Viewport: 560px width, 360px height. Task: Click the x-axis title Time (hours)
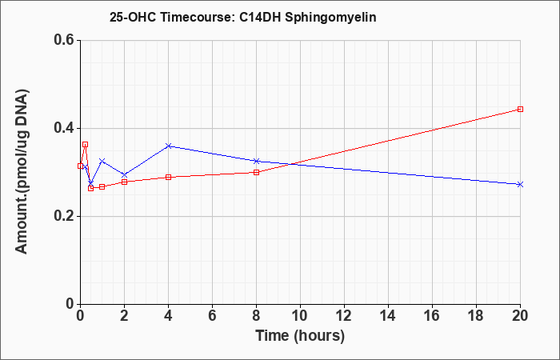[300, 336]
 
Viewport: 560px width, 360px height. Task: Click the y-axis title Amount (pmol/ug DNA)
[22, 172]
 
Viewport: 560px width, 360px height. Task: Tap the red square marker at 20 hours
[520, 110]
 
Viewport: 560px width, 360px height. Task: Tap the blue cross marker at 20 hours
[520, 184]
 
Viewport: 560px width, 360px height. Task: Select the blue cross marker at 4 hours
[169, 146]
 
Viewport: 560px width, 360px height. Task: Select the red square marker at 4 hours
[169, 177]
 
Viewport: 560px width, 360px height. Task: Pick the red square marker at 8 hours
[257, 173]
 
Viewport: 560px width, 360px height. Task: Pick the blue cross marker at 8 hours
[257, 161]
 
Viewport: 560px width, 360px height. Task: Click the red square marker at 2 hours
[124, 182]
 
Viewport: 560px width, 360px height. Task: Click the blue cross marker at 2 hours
[124, 175]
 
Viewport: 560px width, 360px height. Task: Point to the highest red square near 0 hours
[85, 145]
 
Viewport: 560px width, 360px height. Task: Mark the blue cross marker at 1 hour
[102, 161]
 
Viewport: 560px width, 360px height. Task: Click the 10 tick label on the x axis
[300, 316]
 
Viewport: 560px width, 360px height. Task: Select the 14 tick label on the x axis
[388, 316]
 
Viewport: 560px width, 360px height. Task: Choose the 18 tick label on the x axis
[476, 316]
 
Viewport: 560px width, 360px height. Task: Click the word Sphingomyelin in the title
[330, 18]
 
